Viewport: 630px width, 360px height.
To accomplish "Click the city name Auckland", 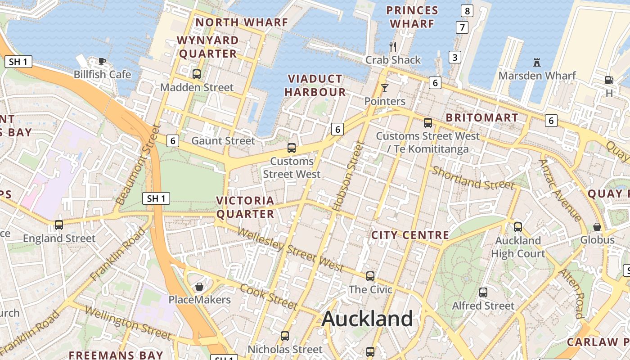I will click(x=367, y=319).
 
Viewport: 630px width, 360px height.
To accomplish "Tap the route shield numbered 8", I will click(x=467, y=11).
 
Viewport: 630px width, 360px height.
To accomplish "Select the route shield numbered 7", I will click(x=462, y=27).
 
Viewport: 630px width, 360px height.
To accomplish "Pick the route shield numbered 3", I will click(x=455, y=57).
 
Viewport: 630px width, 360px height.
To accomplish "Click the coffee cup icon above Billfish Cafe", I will click(x=102, y=61).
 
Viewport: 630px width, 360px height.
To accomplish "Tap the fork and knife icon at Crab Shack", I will click(x=393, y=46).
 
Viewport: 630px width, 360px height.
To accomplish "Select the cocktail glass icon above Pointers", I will click(x=385, y=88).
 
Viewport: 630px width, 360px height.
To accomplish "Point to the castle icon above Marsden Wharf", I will click(x=536, y=62).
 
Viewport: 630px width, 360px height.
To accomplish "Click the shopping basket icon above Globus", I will click(x=597, y=227).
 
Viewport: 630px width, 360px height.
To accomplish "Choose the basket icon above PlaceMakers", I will click(x=199, y=287).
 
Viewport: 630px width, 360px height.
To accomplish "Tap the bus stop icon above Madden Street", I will click(x=197, y=74).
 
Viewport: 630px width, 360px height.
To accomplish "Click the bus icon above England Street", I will click(x=59, y=225).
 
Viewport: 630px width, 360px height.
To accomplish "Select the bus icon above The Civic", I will click(x=370, y=276).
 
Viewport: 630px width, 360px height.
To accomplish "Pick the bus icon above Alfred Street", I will click(x=483, y=292).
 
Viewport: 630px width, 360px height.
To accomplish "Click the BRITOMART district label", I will click(x=481, y=118).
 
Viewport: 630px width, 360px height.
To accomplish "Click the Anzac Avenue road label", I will click(x=560, y=190).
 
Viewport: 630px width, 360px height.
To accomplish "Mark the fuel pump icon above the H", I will click(x=609, y=80).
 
